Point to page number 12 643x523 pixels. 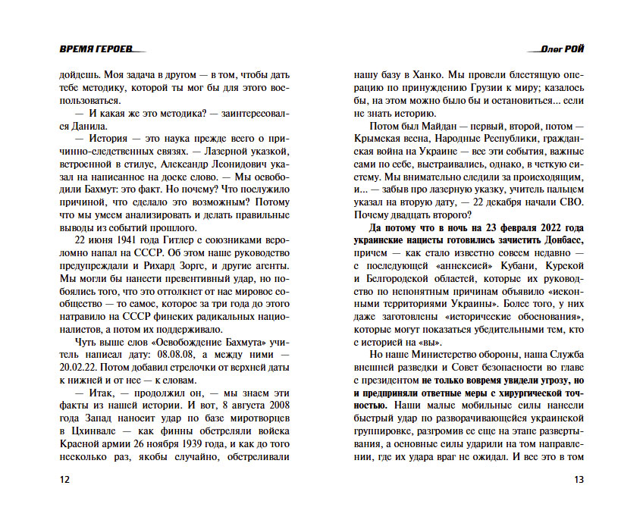tap(64, 481)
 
